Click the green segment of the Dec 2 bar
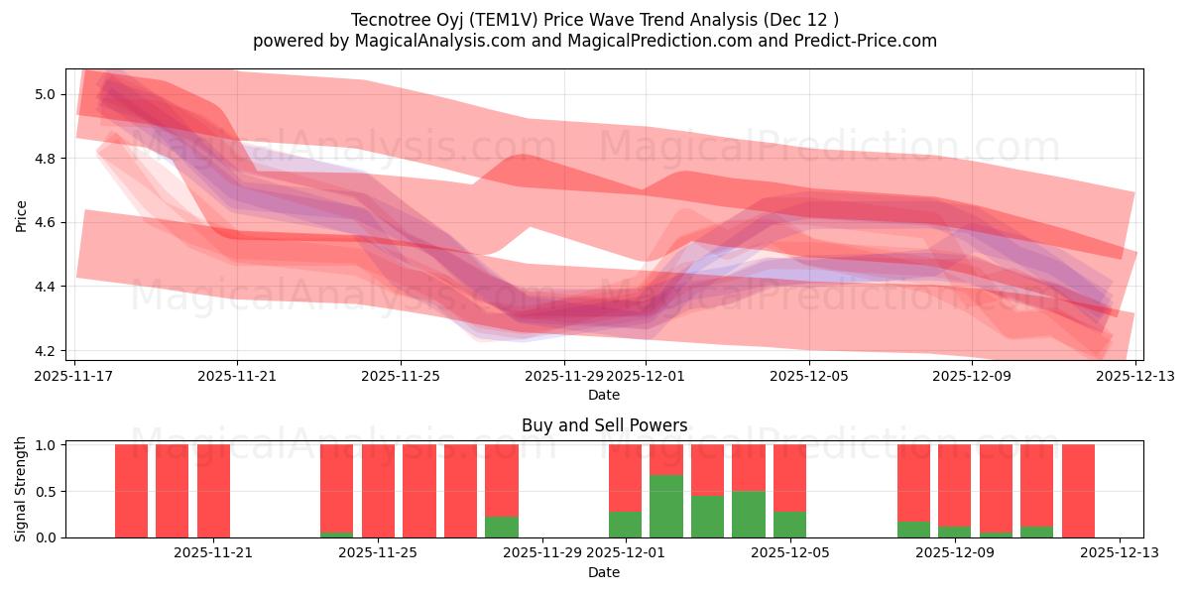coord(666,507)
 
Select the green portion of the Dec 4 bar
coord(749,515)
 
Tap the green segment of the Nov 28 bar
coord(502,527)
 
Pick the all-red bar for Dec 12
coord(1078,491)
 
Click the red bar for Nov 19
coord(173,491)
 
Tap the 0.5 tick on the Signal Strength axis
coord(48,492)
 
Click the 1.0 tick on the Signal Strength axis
coord(48,445)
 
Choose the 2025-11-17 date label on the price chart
coord(74,376)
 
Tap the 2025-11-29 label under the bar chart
coord(543,552)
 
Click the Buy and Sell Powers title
coord(604,425)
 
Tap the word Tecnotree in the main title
coord(387,20)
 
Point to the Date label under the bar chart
coord(604,572)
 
